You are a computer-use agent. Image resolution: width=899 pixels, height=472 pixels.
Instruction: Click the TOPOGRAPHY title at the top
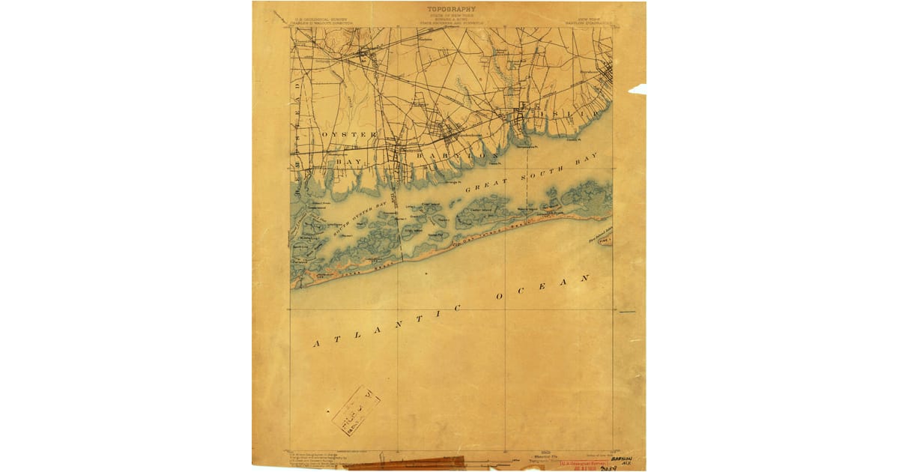[x=451, y=9]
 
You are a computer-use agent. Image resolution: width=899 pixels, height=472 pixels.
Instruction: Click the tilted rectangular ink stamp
[x=356, y=410]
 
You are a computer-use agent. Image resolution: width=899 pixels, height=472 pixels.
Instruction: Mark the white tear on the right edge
[x=637, y=89]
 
